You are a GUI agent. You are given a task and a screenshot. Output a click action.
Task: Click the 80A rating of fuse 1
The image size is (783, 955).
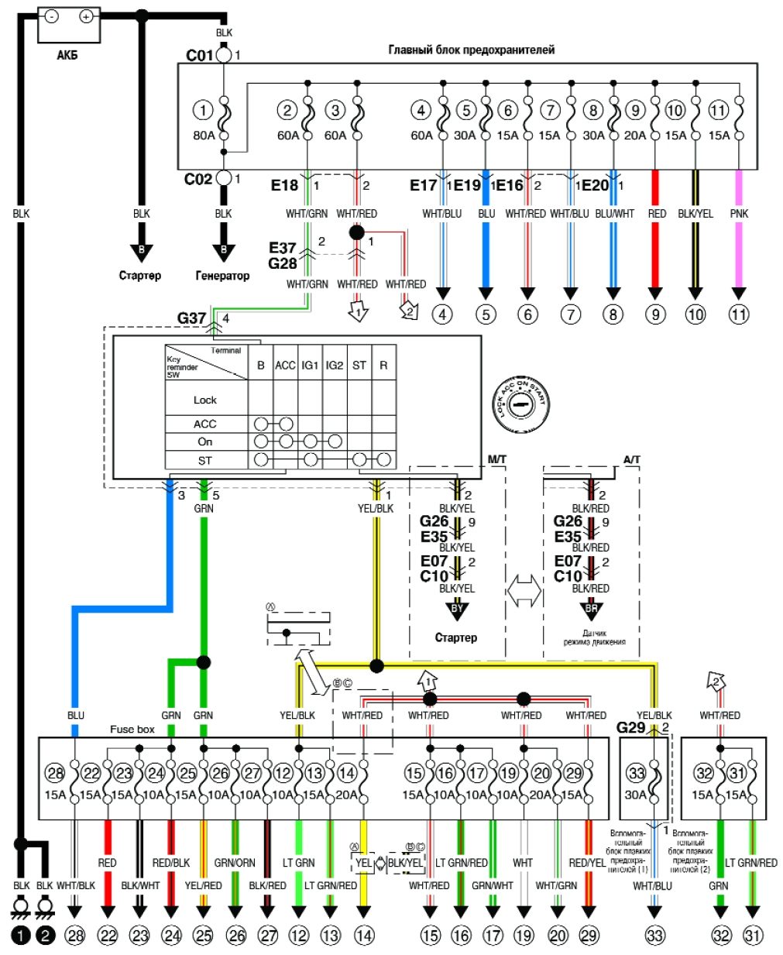204,136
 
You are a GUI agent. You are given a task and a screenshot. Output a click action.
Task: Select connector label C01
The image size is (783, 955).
199,56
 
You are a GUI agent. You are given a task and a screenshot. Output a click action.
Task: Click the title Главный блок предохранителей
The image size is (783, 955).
471,50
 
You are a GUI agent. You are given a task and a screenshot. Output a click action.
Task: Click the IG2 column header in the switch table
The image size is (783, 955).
335,365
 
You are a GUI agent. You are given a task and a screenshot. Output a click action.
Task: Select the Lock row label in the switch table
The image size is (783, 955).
205,400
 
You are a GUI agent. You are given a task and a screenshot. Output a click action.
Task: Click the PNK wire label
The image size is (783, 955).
739,213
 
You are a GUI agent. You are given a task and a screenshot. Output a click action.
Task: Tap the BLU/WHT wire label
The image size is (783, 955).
614,213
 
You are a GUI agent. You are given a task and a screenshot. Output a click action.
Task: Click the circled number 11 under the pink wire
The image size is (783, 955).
739,314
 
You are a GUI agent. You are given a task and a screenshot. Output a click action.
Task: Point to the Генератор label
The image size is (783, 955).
223,276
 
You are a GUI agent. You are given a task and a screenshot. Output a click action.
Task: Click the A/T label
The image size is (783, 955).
632,459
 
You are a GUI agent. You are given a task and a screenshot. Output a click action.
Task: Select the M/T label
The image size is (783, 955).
496,459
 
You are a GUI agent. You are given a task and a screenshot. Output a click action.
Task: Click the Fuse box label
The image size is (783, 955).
132,729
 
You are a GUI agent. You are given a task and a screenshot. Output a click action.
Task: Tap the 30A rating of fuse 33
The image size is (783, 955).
636,794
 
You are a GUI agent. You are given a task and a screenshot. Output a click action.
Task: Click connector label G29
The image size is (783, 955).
630,727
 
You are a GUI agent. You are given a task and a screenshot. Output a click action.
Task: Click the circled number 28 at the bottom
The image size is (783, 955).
75,936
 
